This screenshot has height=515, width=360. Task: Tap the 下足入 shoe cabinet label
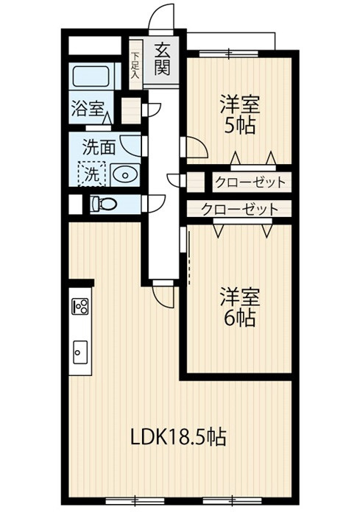[x=135, y=64]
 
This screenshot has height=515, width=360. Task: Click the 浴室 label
[x=87, y=110]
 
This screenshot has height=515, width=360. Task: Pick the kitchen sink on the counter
[x=80, y=354]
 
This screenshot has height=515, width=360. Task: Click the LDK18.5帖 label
[x=178, y=437]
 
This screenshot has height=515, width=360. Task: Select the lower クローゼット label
[x=240, y=209]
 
